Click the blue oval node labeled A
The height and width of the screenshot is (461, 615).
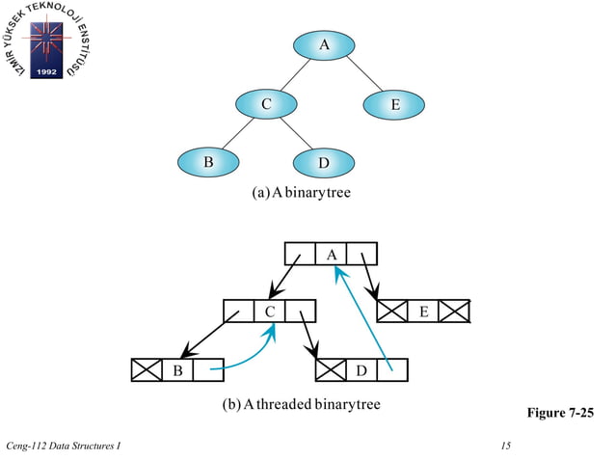tap(324, 44)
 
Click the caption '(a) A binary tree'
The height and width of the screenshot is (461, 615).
tap(301, 193)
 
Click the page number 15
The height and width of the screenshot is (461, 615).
tap(506, 445)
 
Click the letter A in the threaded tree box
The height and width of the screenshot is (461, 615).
tap(331, 254)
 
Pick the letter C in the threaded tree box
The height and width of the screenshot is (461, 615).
tap(270, 312)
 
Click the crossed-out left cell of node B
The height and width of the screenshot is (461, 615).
tap(147, 369)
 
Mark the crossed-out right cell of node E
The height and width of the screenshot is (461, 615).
tap(455, 312)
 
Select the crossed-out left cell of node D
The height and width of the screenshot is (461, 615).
tap(331, 369)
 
